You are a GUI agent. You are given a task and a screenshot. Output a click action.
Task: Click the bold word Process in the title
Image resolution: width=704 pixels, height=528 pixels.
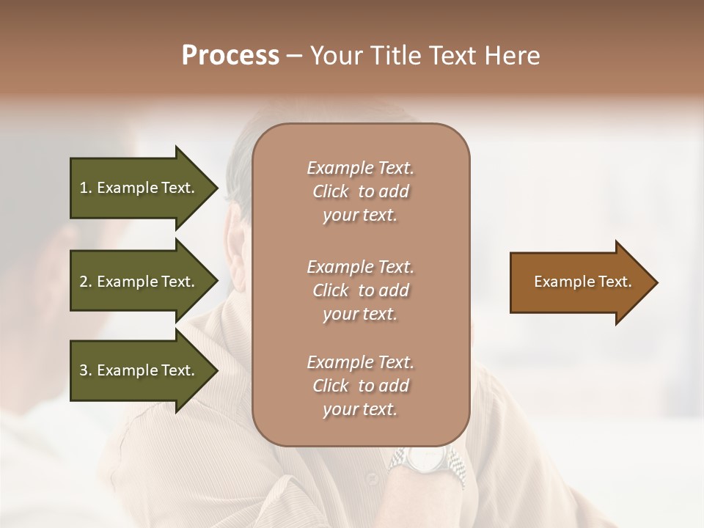point(230,56)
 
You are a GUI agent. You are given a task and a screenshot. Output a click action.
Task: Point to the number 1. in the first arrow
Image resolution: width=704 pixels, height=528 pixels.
point(86,188)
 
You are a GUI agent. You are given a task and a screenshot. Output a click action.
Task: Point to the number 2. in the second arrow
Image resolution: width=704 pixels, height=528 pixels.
point(86,282)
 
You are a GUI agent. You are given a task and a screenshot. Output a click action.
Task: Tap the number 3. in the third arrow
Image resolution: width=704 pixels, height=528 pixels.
point(86,370)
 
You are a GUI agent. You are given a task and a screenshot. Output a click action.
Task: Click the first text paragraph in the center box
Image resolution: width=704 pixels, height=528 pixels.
point(360,191)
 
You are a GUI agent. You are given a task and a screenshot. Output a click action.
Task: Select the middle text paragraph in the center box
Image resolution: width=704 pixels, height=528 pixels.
point(360,290)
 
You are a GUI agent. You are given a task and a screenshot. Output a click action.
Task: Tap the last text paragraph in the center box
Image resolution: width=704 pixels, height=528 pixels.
point(360,386)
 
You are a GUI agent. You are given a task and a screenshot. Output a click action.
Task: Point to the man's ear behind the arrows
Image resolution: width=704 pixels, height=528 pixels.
point(237,249)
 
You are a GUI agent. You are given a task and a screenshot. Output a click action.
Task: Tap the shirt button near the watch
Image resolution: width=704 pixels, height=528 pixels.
point(372,480)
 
